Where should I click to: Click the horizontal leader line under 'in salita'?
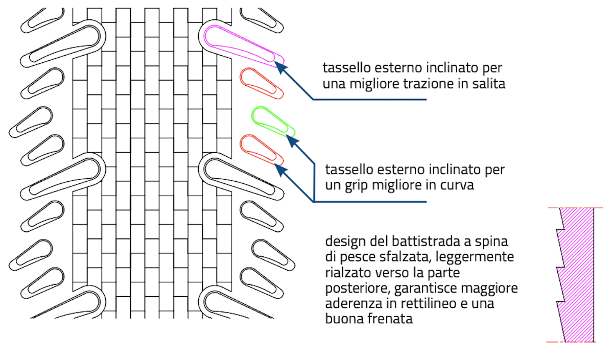[x=368, y=100]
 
